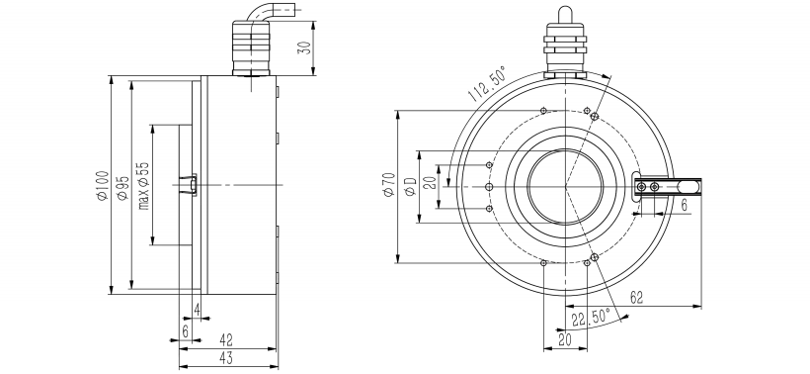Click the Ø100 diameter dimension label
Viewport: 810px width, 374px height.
coord(103,186)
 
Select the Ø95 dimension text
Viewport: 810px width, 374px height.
coord(122,188)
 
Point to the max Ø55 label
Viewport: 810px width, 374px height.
coord(143,186)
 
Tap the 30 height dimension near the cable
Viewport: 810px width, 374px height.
coord(305,47)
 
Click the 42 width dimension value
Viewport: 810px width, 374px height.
coord(226,339)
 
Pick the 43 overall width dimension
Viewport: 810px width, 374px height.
coord(226,357)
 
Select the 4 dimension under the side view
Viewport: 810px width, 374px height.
coord(197,310)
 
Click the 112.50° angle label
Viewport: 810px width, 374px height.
coord(487,84)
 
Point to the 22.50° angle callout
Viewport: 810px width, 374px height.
coord(591,317)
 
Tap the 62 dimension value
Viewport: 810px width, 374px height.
coord(637,298)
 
